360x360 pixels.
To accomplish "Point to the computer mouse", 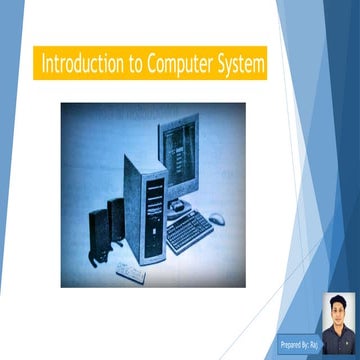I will [217, 218].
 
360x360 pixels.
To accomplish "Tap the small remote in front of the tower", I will [129, 269].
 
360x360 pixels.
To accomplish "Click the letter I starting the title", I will [43, 65].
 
